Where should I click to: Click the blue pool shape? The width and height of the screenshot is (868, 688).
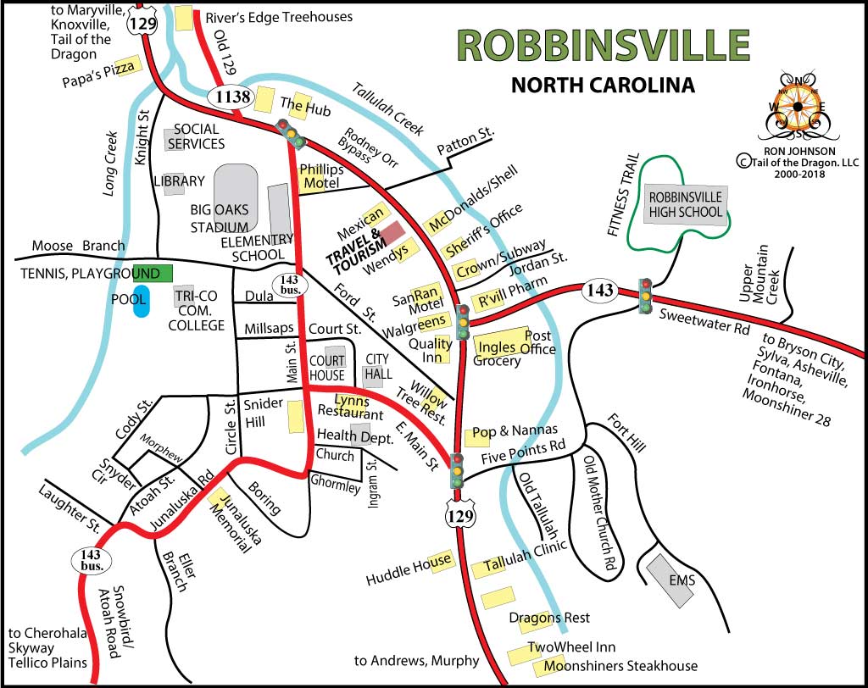[x=141, y=302]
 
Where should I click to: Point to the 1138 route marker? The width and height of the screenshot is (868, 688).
[x=232, y=97]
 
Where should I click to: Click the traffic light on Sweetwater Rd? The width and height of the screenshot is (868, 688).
[x=646, y=295]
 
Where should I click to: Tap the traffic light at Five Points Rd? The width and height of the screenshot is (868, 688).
[x=458, y=470]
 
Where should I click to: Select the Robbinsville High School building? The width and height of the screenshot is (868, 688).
[x=685, y=204]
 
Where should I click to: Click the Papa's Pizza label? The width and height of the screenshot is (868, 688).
[x=98, y=74]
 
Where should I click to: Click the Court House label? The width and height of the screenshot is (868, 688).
[x=326, y=368]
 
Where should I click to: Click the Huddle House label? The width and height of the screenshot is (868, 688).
[x=409, y=569]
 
